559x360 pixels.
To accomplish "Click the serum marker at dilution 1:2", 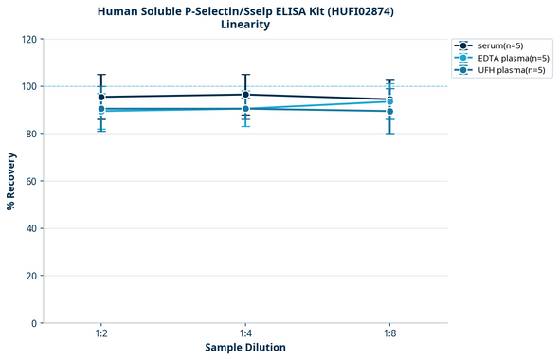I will click(101, 97).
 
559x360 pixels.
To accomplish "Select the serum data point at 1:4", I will click(245, 94).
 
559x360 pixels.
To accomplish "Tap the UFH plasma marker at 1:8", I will click(389, 111).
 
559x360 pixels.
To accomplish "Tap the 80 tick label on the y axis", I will click(30, 134).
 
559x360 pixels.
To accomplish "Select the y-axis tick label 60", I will click(30, 181).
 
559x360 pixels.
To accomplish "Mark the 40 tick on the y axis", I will click(30, 228).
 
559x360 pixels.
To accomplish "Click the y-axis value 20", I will click(30, 276).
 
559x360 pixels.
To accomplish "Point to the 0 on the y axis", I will click(33, 323).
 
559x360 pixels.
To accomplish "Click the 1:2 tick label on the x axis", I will click(101, 333).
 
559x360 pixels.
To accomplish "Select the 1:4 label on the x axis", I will click(245, 333).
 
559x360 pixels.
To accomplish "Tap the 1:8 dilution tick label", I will click(389, 333).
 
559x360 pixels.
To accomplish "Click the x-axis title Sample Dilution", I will click(245, 348).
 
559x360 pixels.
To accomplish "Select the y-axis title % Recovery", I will click(11, 181).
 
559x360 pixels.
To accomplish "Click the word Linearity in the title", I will click(245, 25).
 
